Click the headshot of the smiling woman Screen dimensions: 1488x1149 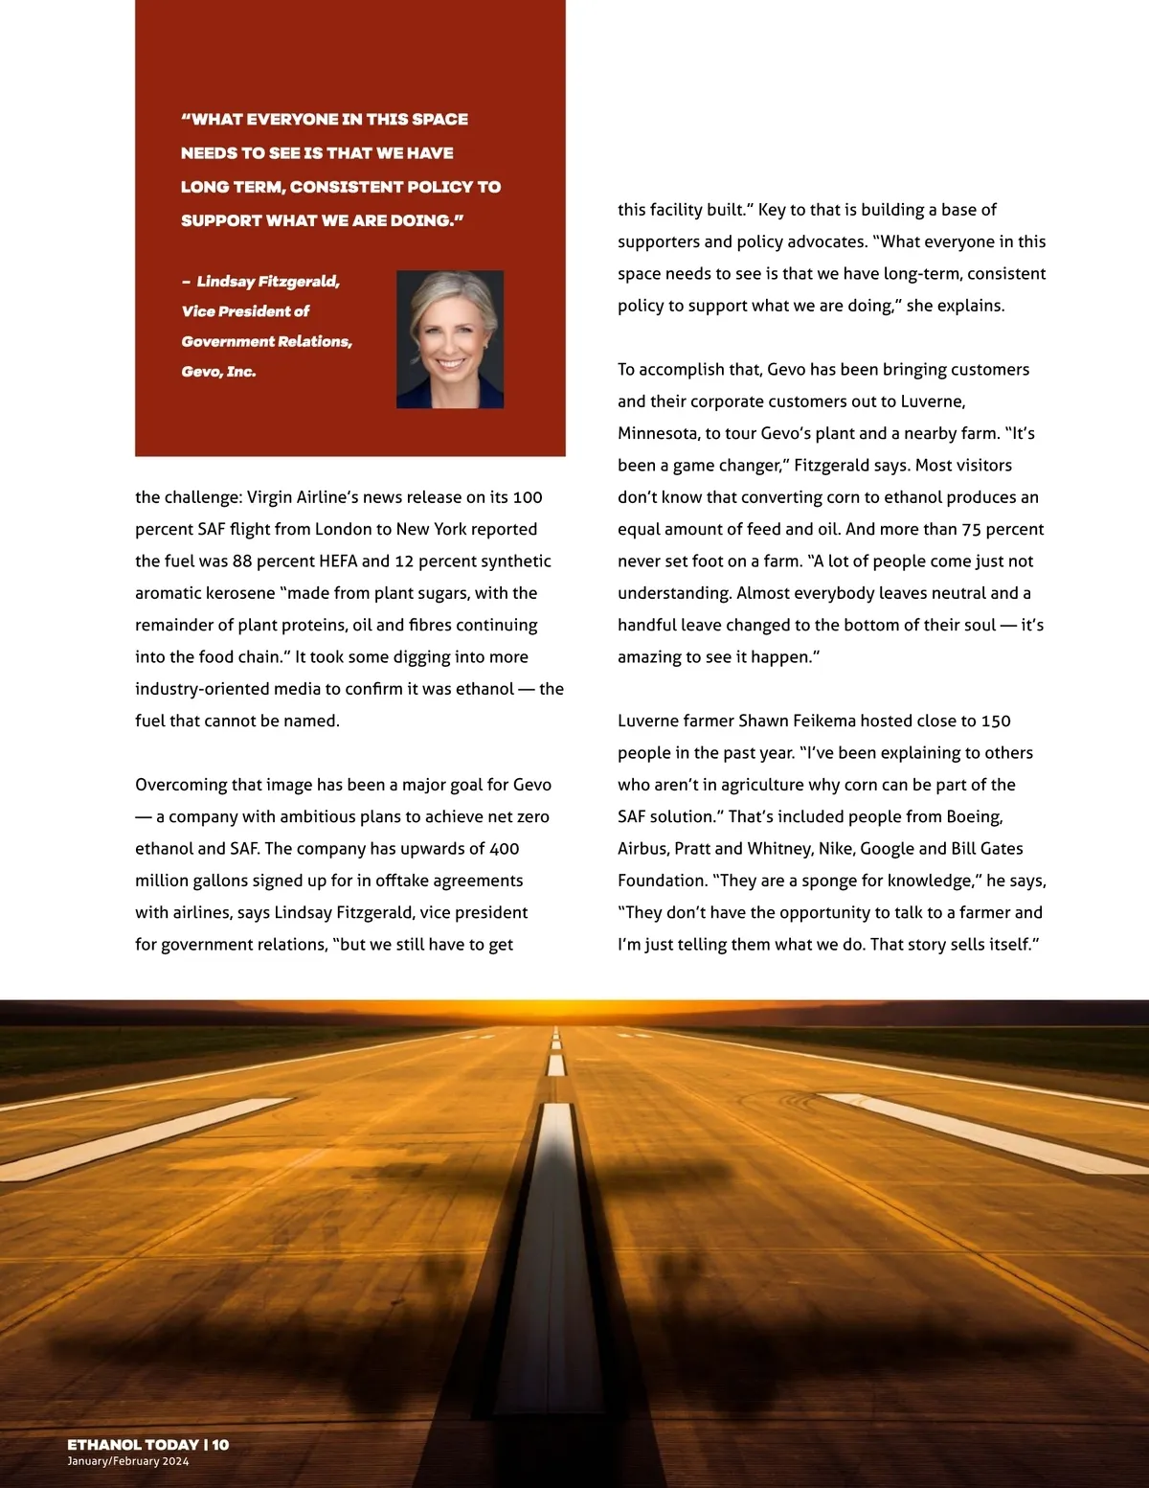(450, 339)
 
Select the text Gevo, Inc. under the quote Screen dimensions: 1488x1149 (218, 372)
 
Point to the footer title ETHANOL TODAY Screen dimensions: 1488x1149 (133, 1445)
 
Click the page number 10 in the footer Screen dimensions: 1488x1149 (220, 1445)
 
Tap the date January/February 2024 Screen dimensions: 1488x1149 (128, 1462)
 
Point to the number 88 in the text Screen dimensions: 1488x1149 (243, 561)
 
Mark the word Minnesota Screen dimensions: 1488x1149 (657, 433)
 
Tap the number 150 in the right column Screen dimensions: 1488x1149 (996, 721)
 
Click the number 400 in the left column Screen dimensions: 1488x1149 (504, 849)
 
